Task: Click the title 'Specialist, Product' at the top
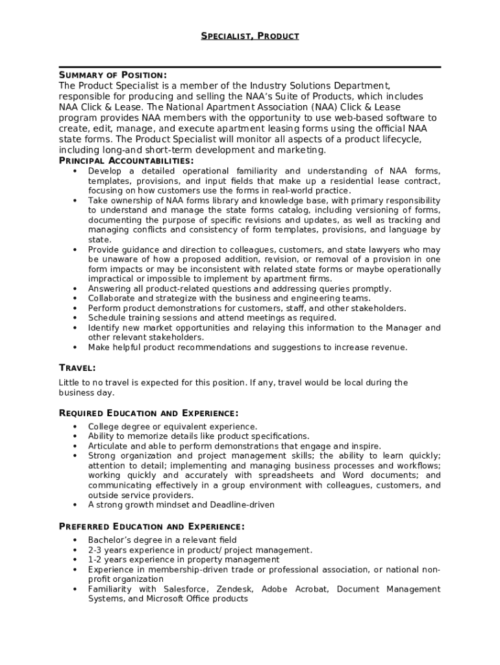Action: tap(249, 36)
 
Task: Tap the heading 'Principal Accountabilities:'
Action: tap(126, 160)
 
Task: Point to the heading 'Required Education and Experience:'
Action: tap(149, 413)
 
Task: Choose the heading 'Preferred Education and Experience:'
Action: tap(151, 526)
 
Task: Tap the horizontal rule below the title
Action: tap(249, 67)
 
